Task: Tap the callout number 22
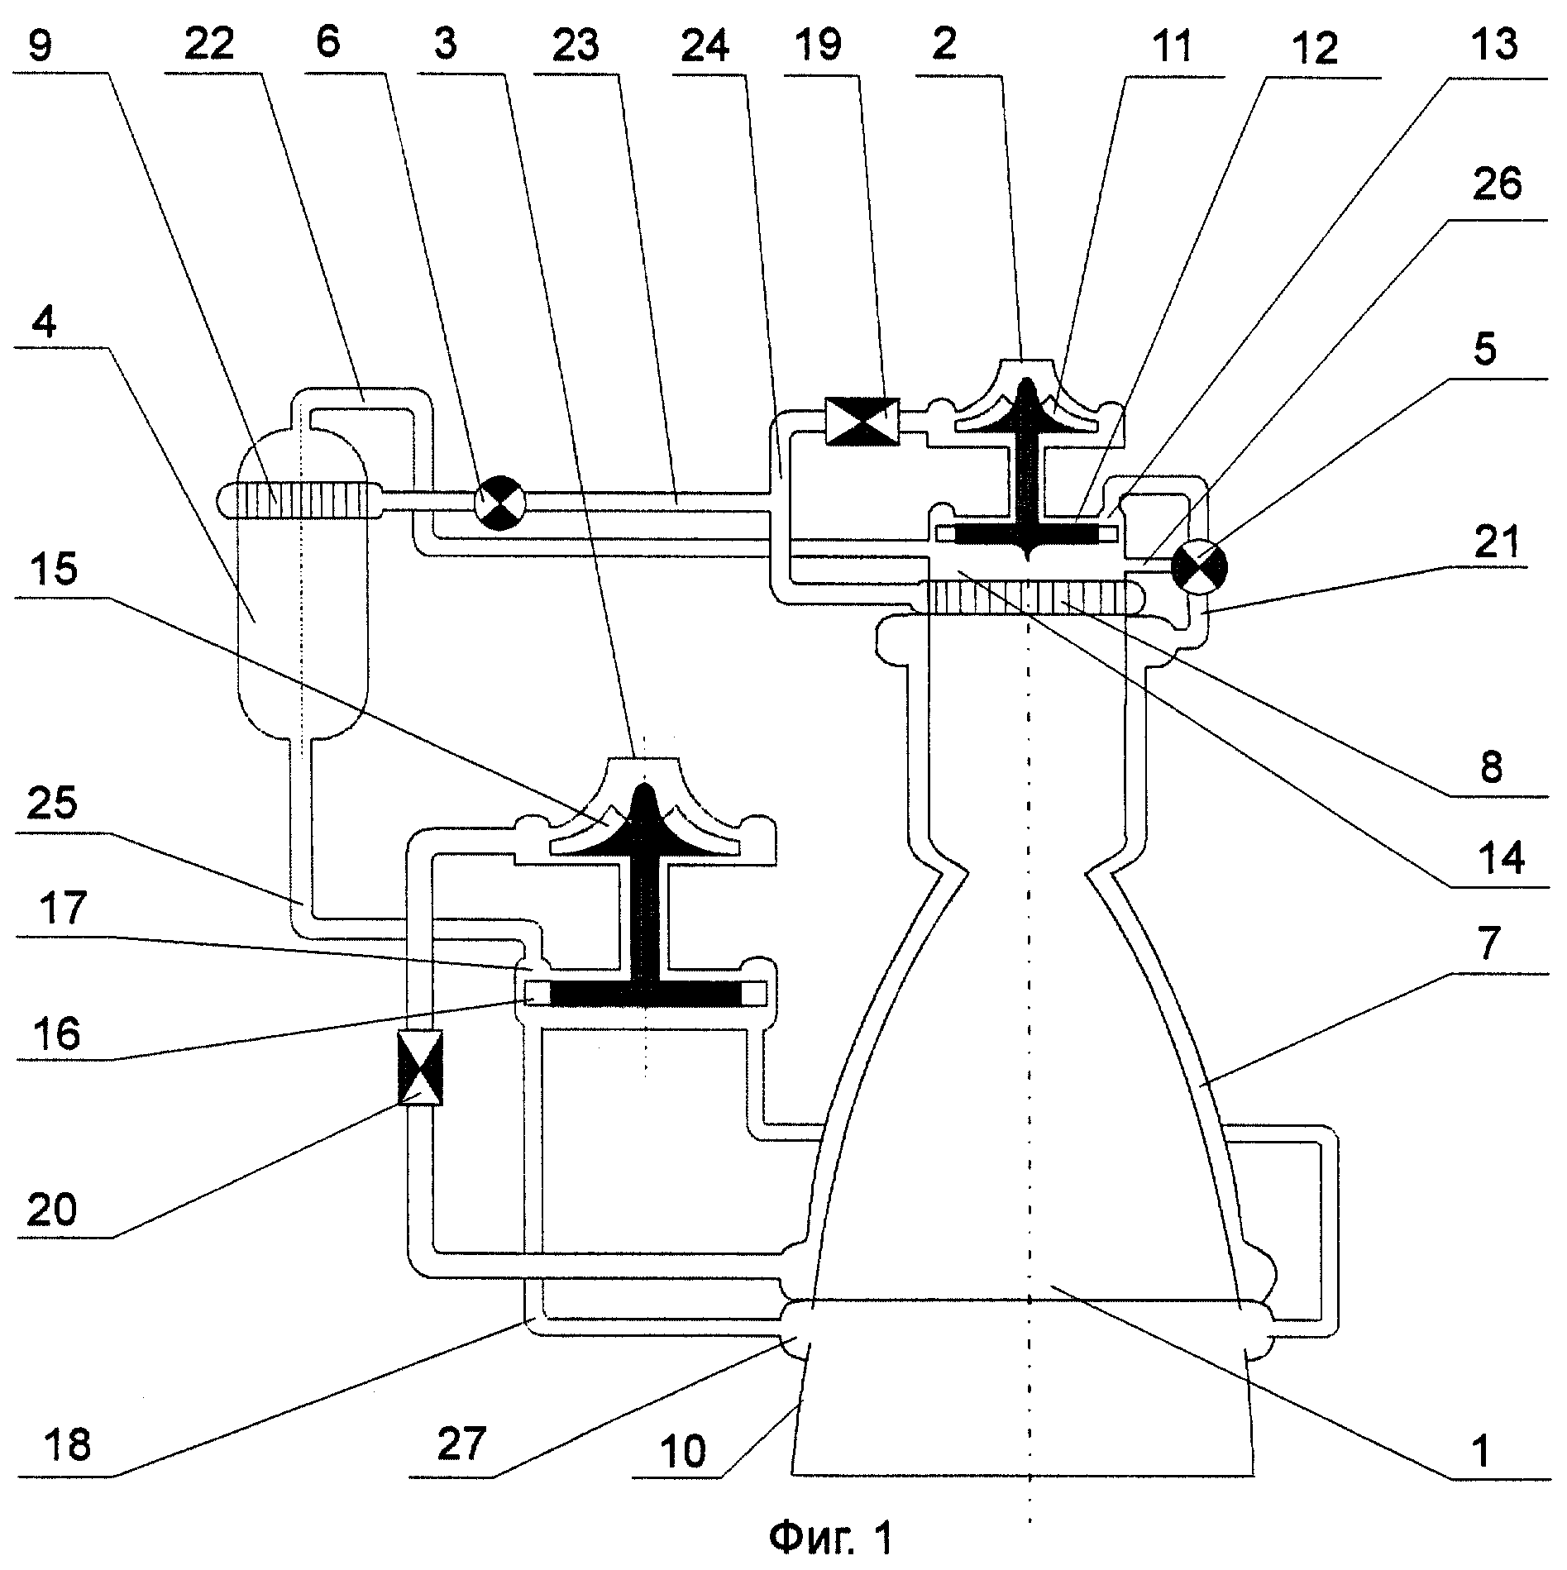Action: click(x=209, y=43)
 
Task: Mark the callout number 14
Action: click(x=1501, y=858)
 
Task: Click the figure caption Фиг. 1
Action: click(x=830, y=1537)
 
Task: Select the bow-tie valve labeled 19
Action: click(x=862, y=422)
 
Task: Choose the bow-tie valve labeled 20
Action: click(x=420, y=1067)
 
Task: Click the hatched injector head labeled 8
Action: click(x=1026, y=596)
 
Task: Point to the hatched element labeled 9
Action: click(x=302, y=500)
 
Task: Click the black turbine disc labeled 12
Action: click(x=1026, y=535)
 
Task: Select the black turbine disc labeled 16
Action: click(x=645, y=993)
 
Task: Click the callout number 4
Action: click(x=45, y=323)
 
